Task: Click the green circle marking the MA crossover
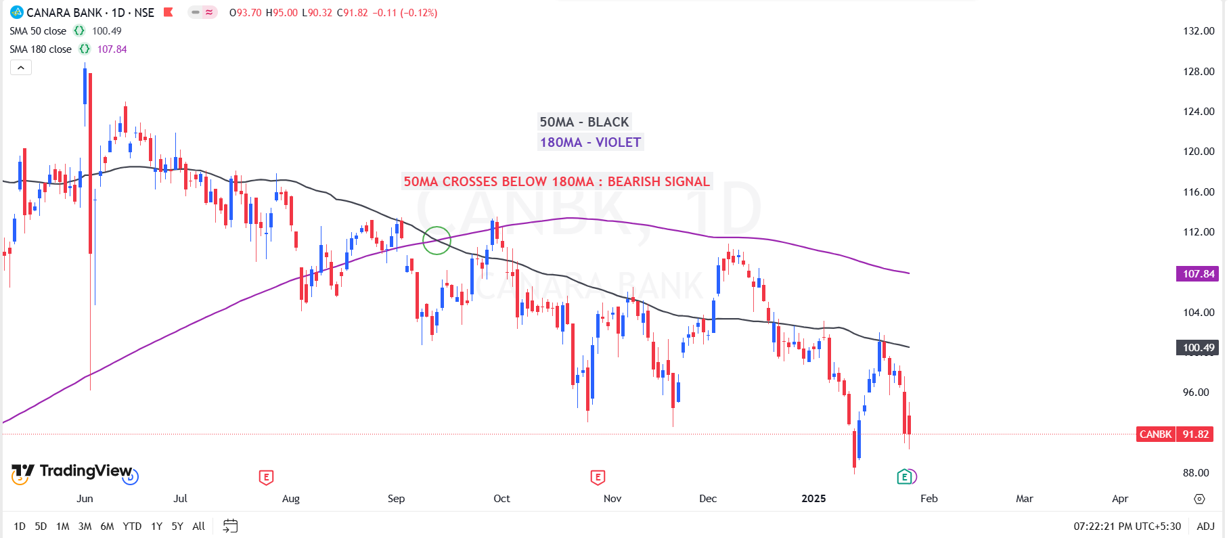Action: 437,240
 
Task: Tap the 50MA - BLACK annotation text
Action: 584,122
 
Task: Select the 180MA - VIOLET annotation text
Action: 590,142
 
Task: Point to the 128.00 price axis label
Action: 1198,71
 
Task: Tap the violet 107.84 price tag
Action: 1198,273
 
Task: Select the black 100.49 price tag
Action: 1198,348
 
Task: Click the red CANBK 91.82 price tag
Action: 1175,434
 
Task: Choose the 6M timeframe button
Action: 107,526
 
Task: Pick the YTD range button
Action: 132,526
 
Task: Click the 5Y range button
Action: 177,526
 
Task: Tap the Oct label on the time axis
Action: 501,499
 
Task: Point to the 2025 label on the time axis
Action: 813,499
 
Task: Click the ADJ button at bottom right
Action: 1205,526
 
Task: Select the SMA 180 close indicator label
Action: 41,49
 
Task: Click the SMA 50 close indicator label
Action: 38,31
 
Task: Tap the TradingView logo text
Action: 85,470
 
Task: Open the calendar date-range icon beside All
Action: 230,526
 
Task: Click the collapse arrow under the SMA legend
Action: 21,68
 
